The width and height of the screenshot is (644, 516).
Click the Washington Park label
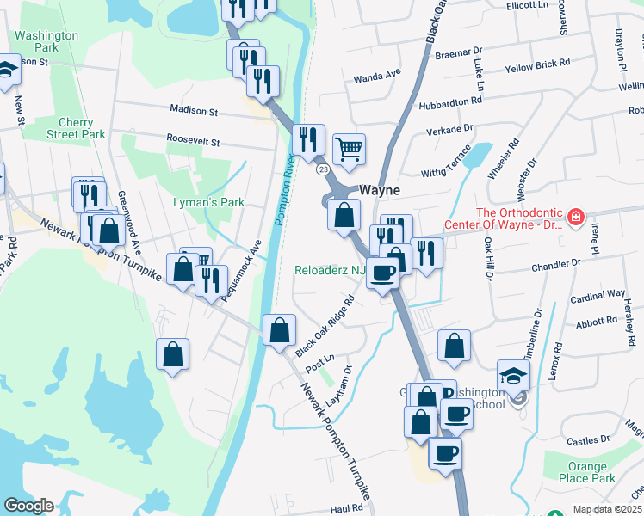click(x=46, y=42)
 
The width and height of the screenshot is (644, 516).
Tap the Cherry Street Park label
click(x=76, y=128)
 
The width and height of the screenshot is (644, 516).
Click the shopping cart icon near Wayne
click(x=349, y=150)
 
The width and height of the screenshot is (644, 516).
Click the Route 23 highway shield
click(x=322, y=170)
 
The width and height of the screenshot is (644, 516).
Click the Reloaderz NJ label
click(x=331, y=270)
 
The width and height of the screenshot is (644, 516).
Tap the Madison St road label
click(x=194, y=111)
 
